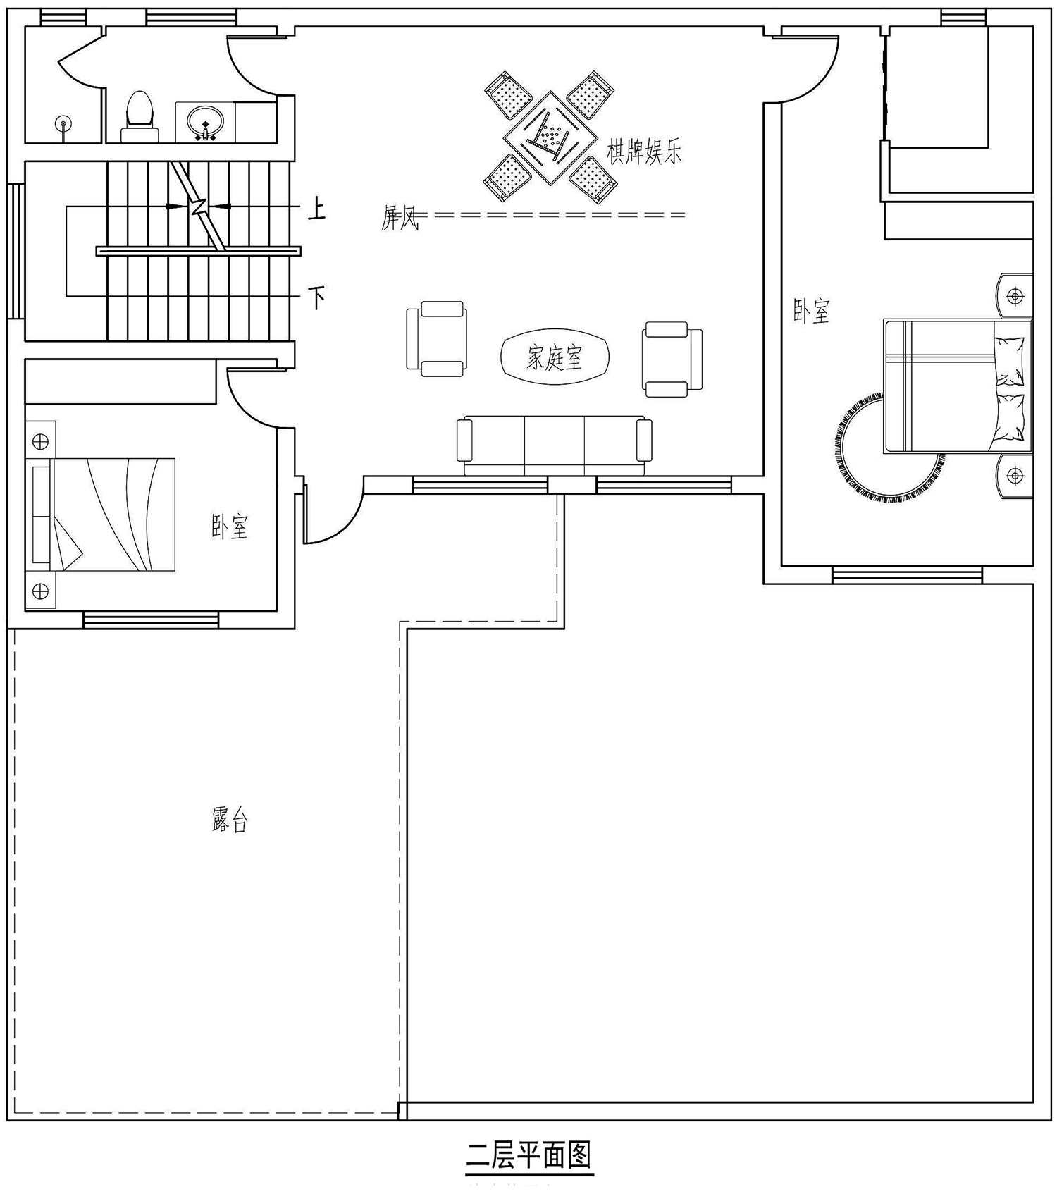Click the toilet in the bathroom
(x=140, y=116)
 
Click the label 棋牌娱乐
(x=645, y=152)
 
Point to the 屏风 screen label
(x=400, y=219)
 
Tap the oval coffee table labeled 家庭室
(x=555, y=358)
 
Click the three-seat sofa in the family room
(x=554, y=446)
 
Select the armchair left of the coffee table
(x=436, y=338)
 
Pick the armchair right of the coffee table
(x=672, y=359)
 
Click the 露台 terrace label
(x=230, y=820)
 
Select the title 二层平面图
(x=529, y=1156)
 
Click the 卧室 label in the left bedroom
(x=230, y=527)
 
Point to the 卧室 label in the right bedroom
(x=812, y=311)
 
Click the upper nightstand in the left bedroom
(x=40, y=441)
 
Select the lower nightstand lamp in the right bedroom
(x=1015, y=476)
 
